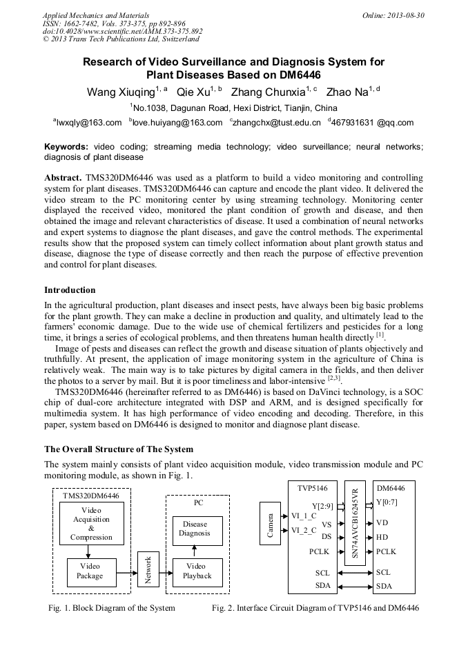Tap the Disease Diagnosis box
click(194, 529)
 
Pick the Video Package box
click(90, 571)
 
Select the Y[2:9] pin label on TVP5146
click(322, 505)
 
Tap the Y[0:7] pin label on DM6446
click(387, 502)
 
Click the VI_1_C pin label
click(304, 516)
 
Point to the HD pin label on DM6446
click(382, 537)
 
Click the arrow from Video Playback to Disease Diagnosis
click(194, 550)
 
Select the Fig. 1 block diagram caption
click(111, 608)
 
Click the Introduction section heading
click(70, 289)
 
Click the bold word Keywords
click(66, 147)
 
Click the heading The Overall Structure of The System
click(119, 449)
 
